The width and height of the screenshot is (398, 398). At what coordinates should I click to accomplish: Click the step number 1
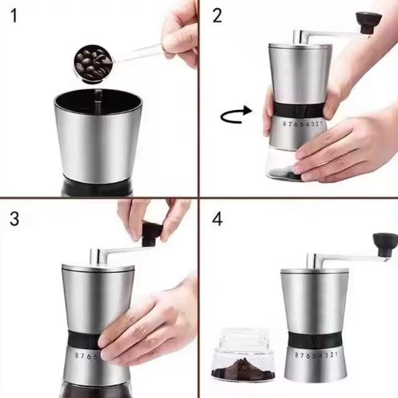tap(14, 15)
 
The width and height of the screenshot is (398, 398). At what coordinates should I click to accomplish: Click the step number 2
tap(217, 15)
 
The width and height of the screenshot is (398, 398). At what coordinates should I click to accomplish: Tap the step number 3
tap(14, 219)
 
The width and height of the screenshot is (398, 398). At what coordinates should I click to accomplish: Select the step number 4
tap(217, 219)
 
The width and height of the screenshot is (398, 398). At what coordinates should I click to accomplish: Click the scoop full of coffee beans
tap(92, 63)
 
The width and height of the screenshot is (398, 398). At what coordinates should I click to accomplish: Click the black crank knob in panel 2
tap(368, 22)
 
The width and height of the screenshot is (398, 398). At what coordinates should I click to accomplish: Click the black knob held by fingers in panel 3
tap(151, 234)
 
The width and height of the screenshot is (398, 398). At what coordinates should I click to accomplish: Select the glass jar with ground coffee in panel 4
tap(243, 354)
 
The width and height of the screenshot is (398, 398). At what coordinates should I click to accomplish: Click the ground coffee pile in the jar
tap(243, 368)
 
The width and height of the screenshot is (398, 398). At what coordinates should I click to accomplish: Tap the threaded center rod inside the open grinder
tap(98, 99)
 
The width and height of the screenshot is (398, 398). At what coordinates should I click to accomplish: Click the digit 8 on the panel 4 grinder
tap(297, 355)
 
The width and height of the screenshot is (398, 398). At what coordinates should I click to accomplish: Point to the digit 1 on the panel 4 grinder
tap(336, 354)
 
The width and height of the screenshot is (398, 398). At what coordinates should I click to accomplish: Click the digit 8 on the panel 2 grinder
tap(284, 124)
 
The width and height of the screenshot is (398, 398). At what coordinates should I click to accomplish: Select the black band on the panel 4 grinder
tap(315, 339)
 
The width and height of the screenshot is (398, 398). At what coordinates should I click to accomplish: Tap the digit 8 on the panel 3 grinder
tap(77, 355)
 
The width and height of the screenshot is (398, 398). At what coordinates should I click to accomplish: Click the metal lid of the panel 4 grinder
tap(315, 272)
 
